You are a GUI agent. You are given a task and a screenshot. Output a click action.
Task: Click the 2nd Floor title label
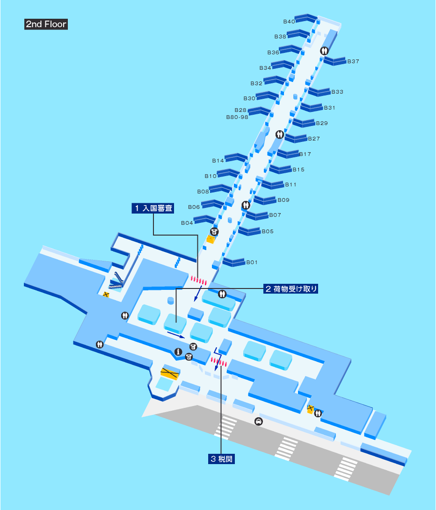pos(46,24)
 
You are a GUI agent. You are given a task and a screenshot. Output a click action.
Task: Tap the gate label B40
pos(289,22)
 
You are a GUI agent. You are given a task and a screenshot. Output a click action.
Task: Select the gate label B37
pos(353,61)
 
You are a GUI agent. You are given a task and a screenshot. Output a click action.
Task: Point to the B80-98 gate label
pos(237,117)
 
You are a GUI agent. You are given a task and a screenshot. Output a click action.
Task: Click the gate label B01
pos(252,262)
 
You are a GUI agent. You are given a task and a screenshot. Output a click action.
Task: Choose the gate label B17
pos(305,154)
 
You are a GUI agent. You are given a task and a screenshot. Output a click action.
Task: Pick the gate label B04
pos(187,223)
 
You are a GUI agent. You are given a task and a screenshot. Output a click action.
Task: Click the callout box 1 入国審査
pos(153,208)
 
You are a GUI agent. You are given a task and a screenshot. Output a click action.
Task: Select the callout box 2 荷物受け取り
pos(290,289)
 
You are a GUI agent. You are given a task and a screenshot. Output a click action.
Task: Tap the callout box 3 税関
pos(221,459)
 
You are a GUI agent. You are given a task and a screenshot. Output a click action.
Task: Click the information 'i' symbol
pos(178,351)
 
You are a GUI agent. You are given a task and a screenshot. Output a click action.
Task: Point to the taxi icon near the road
pos(258,421)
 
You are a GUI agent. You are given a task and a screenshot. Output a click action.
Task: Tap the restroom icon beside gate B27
pos(280,134)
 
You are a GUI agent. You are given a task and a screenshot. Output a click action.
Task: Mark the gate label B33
pos(337,92)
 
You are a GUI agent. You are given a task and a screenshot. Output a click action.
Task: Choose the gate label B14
pos(218,161)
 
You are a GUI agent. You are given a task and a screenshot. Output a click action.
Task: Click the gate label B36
pos(273,52)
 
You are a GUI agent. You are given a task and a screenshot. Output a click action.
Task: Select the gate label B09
pos(283,200)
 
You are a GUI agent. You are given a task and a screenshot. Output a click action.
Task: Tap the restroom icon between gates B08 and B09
pos(246,205)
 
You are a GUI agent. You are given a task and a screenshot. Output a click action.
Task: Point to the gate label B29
pos(321,123)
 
